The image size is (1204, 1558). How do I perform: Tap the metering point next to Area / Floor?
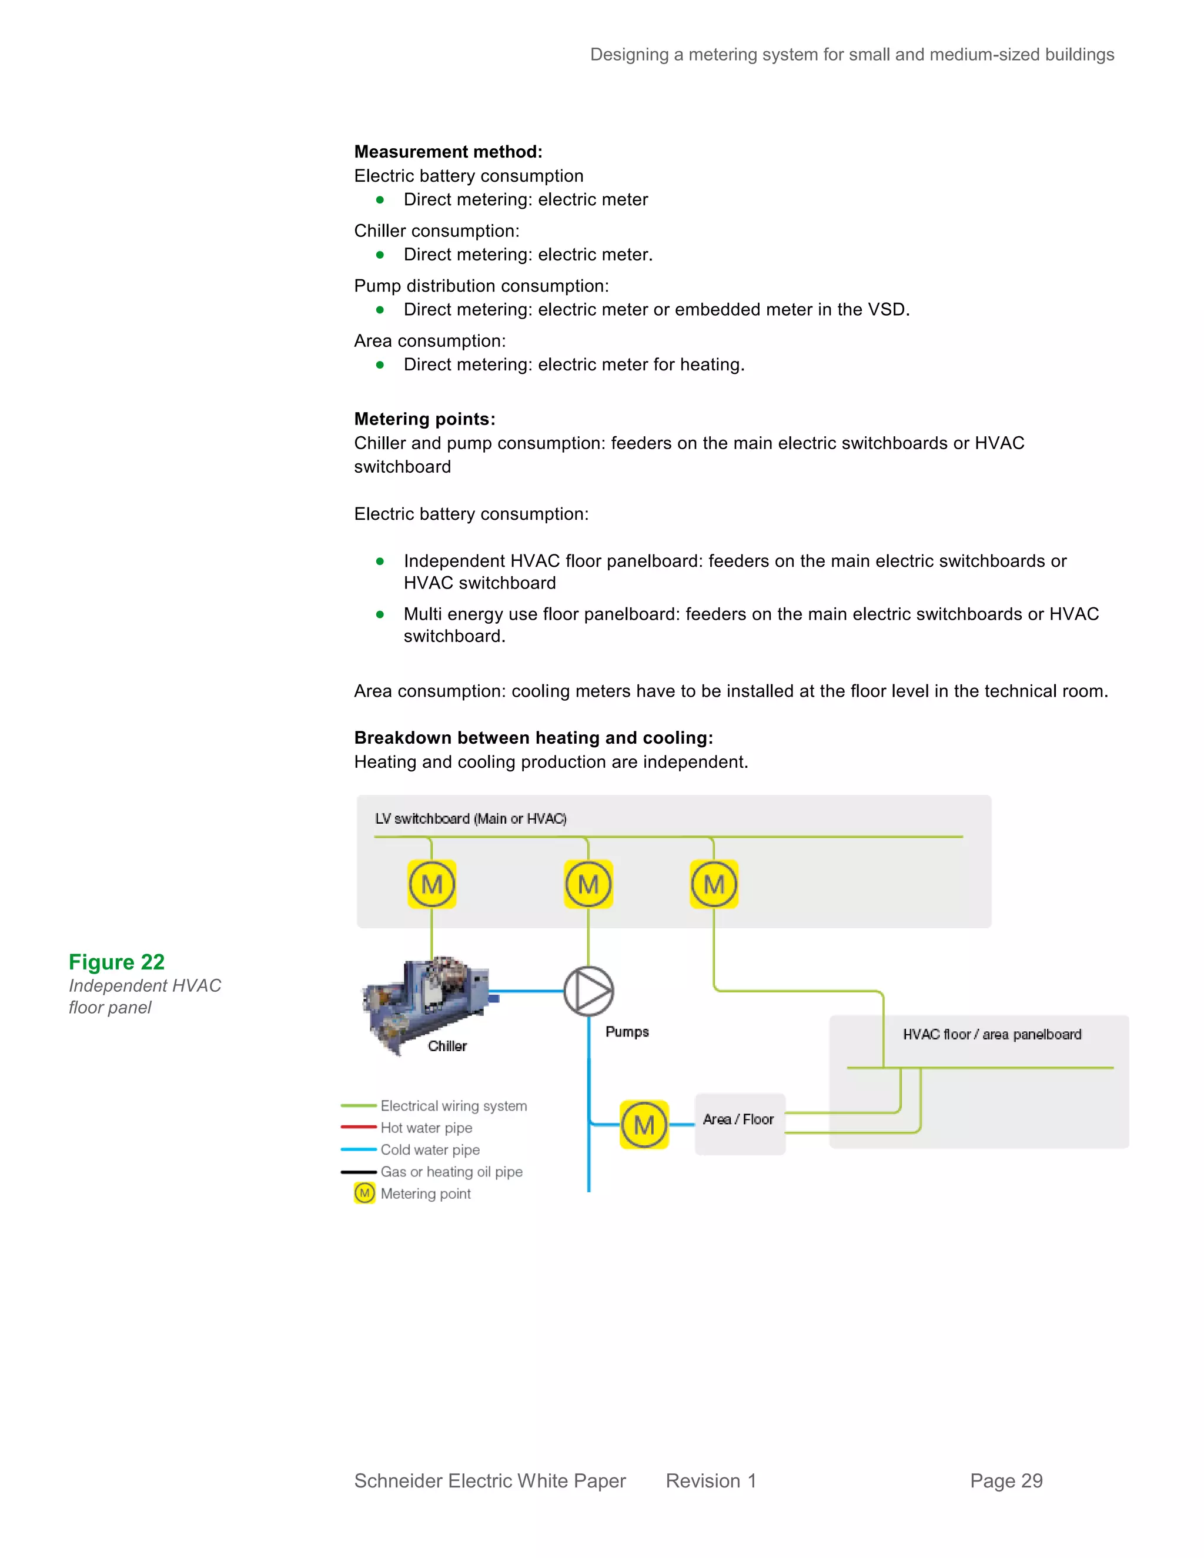[644, 1124]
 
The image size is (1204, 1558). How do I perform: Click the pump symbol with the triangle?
[588, 991]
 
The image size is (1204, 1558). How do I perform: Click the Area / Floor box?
[740, 1123]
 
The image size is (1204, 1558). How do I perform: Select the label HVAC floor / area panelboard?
[991, 1034]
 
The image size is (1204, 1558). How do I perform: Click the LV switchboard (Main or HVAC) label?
[471, 818]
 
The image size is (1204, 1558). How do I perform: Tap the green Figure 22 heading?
[116, 962]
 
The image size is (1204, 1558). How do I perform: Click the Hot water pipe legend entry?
[426, 1128]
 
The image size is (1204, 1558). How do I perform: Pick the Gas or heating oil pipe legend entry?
[451, 1172]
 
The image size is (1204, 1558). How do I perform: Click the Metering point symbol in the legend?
[364, 1193]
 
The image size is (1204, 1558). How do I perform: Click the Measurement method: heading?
[448, 152]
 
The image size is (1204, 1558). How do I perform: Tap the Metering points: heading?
[424, 419]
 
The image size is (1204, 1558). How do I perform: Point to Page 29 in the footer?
[1006, 1481]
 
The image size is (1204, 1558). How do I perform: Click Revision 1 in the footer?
[710, 1481]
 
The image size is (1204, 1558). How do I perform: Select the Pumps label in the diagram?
[627, 1032]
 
